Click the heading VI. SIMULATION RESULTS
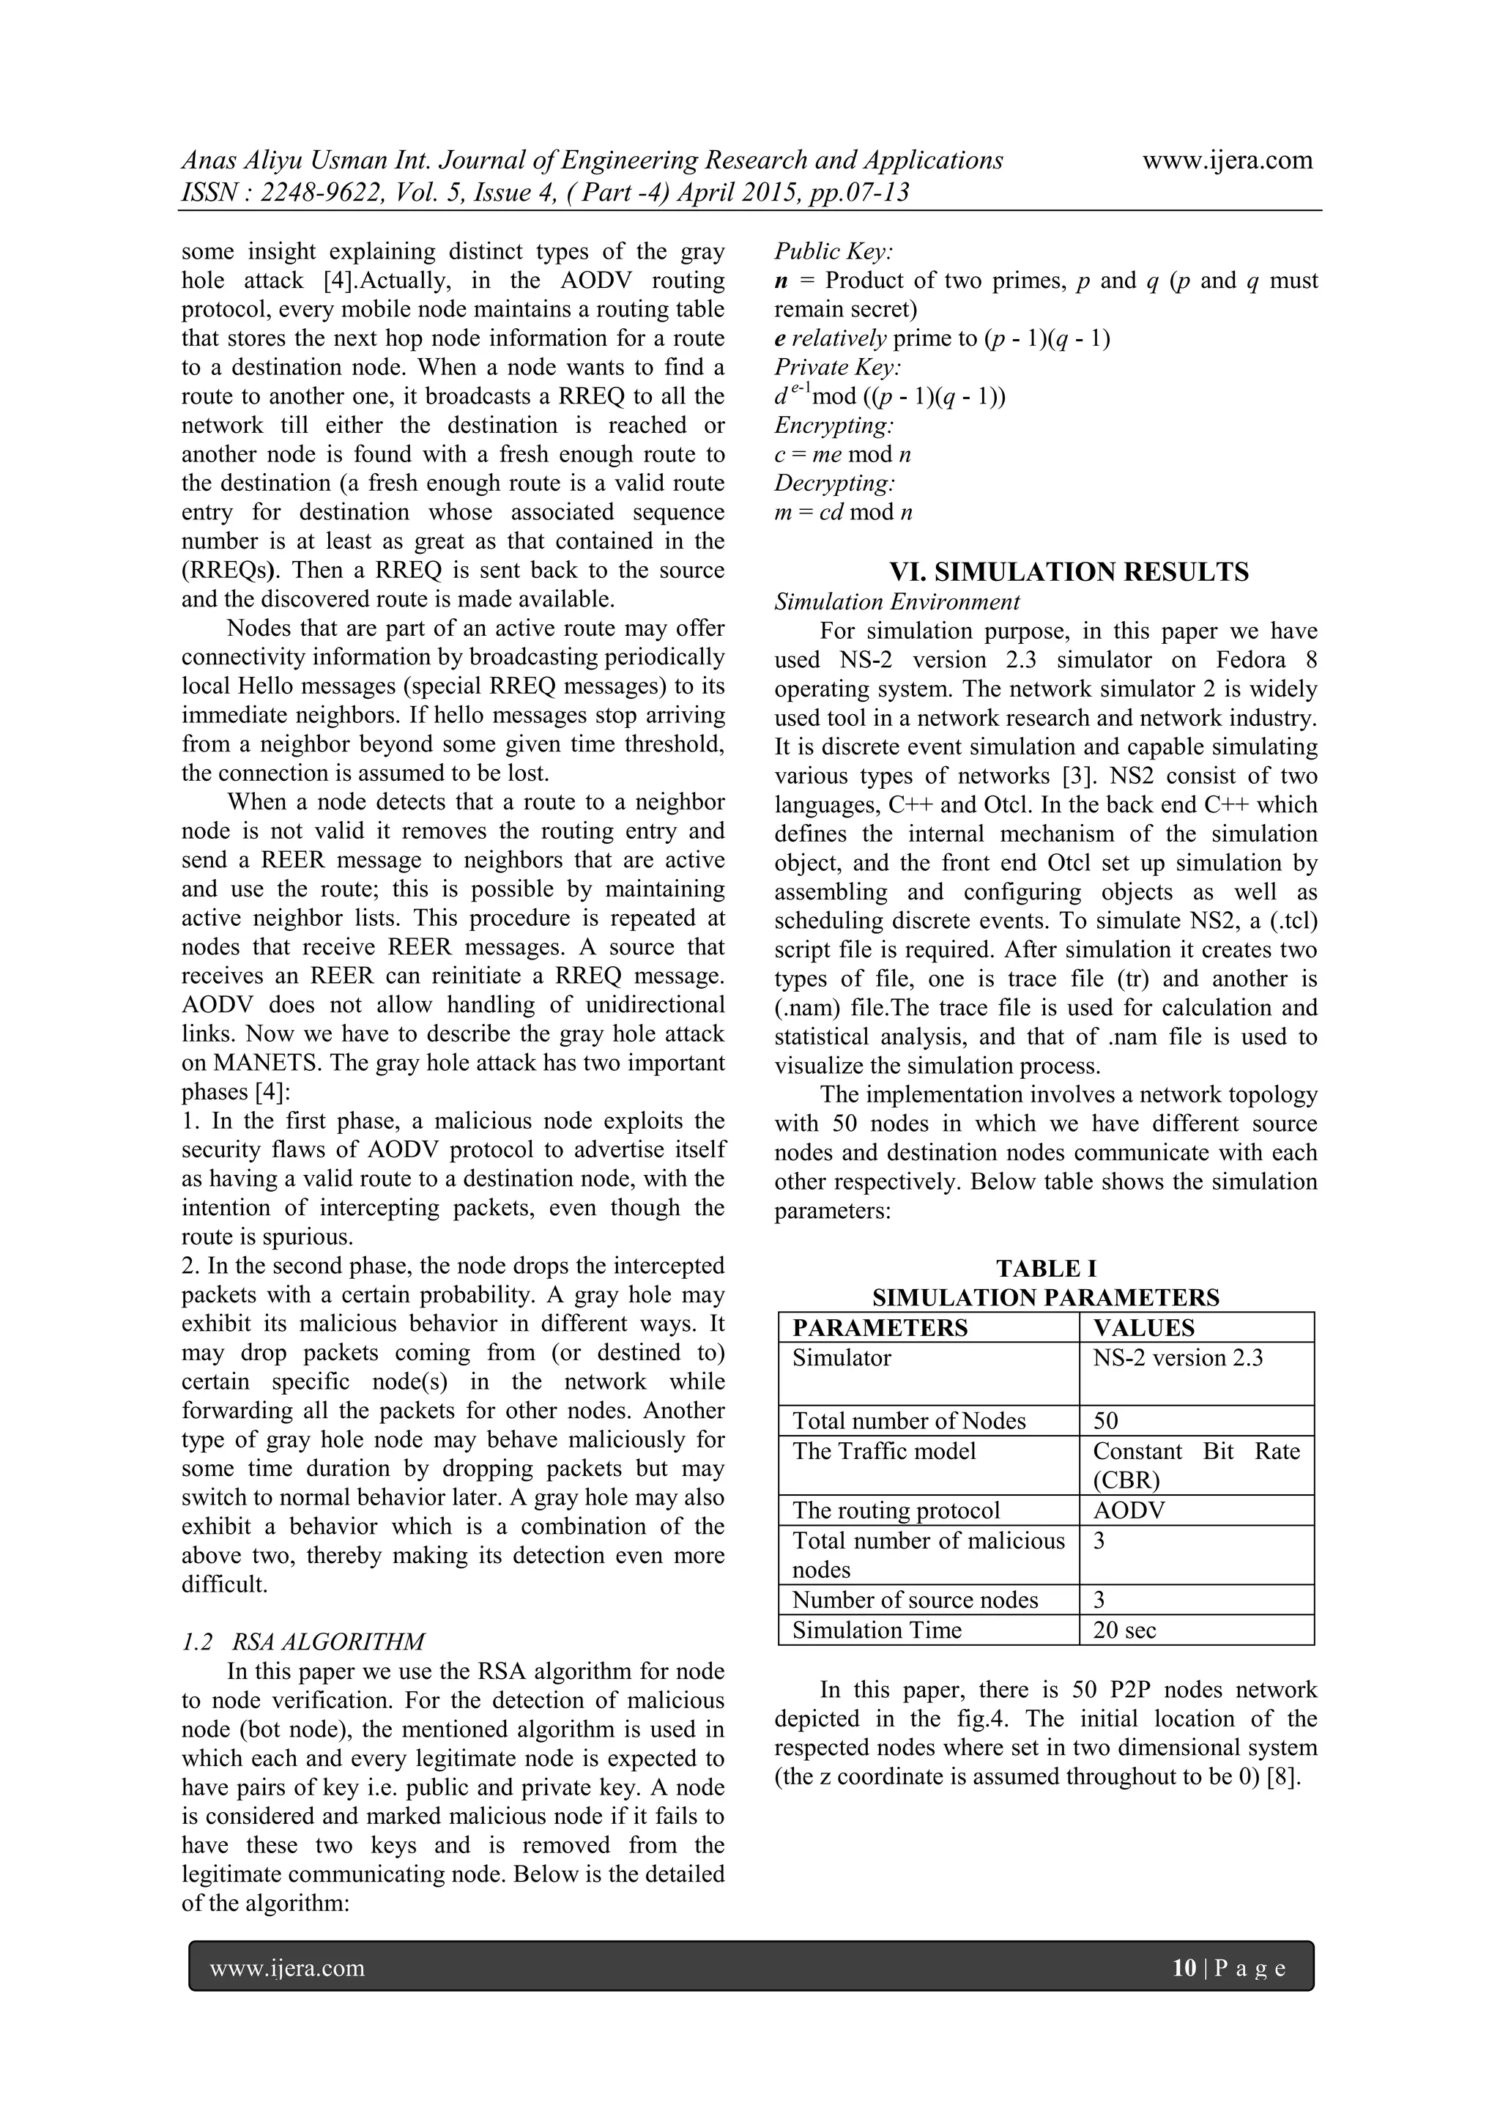[x=1069, y=572]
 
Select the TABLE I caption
[x=1045, y=1268]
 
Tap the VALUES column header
[x=1143, y=1328]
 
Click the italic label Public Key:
[x=833, y=251]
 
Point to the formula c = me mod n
[x=843, y=455]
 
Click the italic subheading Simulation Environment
[x=896, y=601]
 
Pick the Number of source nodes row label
[x=915, y=1600]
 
